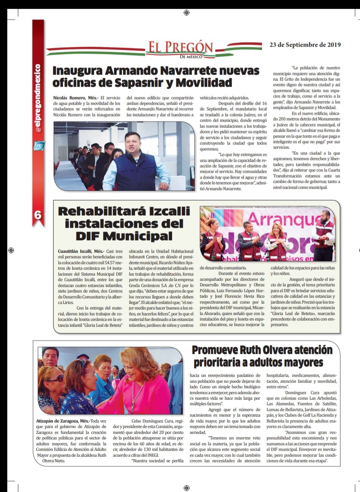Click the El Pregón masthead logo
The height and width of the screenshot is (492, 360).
coord(180,49)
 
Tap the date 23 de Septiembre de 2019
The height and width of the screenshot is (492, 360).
coord(305,45)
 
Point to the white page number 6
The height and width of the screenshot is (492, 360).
coord(38,215)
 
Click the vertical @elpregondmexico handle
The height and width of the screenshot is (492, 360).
coord(38,98)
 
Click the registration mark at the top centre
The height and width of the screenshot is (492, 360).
coord(187,13)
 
